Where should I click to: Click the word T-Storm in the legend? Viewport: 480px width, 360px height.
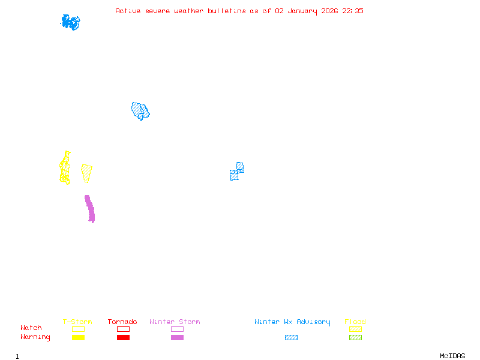(77, 322)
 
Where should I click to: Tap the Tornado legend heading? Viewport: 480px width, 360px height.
(122, 322)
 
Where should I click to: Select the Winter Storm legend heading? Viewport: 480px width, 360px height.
(175, 322)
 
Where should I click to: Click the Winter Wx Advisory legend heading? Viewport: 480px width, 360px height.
(292, 322)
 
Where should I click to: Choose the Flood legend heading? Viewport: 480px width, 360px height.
(355, 322)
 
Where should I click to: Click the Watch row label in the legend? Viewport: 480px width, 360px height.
(31, 328)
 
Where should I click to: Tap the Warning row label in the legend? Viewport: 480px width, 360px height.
(35, 337)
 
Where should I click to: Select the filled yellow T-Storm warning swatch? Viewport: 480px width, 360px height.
(78, 338)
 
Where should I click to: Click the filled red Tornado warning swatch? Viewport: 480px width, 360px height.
(123, 338)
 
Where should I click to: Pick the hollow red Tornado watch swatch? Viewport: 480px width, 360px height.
(123, 329)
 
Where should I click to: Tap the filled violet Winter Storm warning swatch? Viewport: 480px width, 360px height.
(177, 338)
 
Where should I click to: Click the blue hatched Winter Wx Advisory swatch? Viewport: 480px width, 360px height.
(291, 338)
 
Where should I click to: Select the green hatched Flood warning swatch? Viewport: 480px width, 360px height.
(355, 338)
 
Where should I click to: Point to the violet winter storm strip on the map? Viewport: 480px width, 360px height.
(89, 208)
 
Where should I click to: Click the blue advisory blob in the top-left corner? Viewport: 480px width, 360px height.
(70, 22)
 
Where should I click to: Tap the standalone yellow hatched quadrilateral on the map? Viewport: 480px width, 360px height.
(87, 173)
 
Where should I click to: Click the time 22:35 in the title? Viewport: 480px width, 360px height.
(353, 11)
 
